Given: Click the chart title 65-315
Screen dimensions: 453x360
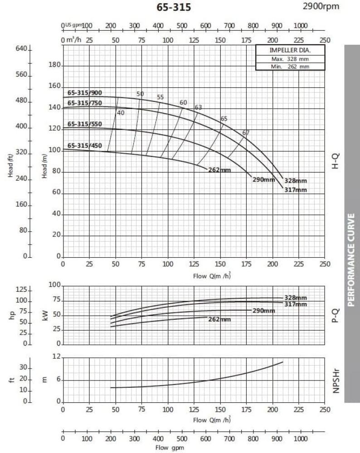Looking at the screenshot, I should point(174,7).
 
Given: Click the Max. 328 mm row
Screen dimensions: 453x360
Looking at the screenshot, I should point(290,59).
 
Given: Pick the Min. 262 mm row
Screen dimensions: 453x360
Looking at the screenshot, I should point(290,67).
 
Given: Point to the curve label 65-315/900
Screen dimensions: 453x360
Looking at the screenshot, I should point(85,93).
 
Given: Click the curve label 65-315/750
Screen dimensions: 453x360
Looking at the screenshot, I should point(85,103).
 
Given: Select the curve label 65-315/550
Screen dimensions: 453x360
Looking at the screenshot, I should point(85,124).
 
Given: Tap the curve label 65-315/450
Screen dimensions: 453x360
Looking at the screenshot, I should point(85,145).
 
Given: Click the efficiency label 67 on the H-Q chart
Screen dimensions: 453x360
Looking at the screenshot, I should point(246,133).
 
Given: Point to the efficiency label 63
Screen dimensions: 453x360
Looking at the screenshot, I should point(198,107).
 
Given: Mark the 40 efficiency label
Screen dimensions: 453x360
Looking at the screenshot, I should point(120,113).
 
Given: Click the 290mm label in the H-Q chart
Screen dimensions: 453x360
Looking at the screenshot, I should point(263,180).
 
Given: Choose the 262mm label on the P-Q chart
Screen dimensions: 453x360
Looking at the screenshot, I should point(219,319).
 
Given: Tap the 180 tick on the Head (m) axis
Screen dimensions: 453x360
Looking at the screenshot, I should point(54,65).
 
